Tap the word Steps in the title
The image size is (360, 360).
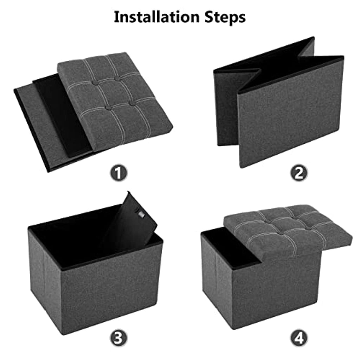pos(225,18)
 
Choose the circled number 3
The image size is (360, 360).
pos(118,338)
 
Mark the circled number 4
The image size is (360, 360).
pos(299,338)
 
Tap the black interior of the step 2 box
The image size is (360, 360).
pos(276,66)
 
